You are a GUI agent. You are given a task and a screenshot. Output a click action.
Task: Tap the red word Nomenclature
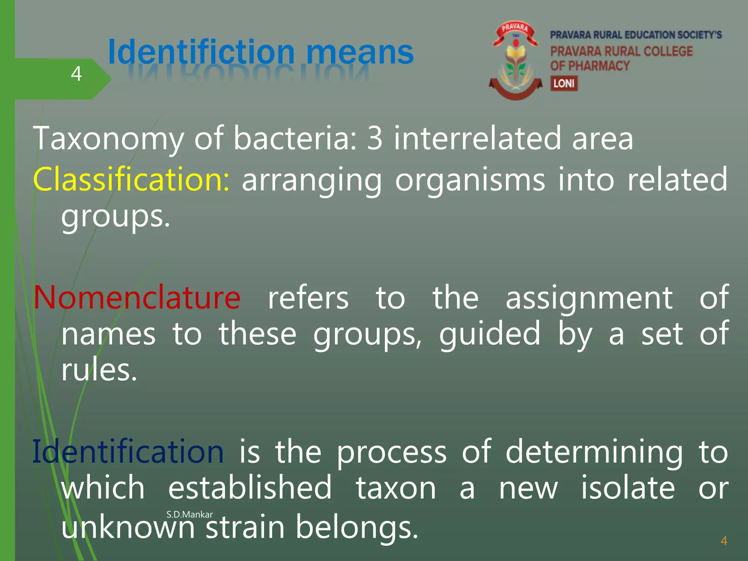tap(137, 297)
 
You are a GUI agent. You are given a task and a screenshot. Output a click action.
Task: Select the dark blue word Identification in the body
tap(128, 452)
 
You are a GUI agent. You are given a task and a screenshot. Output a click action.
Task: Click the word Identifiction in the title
tap(201, 52)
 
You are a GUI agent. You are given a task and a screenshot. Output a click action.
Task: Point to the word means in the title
tap(360, 52)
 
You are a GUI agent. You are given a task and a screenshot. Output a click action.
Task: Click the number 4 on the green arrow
tap(76, 74)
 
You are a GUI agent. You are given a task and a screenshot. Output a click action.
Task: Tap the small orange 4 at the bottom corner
tap(724, 541)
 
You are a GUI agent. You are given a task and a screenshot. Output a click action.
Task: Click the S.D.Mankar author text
tap(189, 515)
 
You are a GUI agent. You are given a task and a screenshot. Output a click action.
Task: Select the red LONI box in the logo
tap(564, 83)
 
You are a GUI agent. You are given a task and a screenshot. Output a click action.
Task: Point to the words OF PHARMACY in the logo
tap(590, 66)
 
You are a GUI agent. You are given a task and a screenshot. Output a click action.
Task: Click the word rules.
tap(99, 370)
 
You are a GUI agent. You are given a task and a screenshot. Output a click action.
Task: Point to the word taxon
tap(396, 488)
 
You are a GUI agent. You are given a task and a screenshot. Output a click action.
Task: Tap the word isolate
tap(627, 488)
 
